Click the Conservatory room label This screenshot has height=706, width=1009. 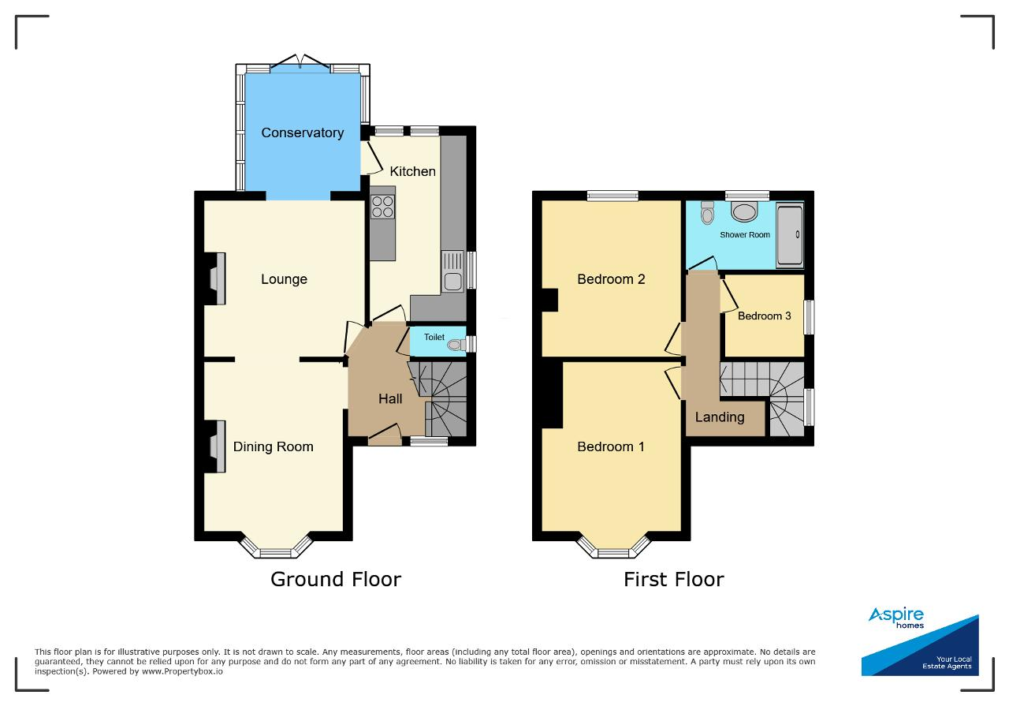302,133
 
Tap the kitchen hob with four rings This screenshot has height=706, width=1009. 383,207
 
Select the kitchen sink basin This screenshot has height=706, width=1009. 452,282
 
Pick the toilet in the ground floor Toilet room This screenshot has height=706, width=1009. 456,346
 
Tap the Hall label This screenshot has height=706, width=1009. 390,398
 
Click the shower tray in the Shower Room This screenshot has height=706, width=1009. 790,235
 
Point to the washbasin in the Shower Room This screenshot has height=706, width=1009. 744,212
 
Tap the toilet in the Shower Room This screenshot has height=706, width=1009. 708,213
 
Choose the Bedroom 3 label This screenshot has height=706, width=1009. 764,316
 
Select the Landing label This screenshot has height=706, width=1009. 720,417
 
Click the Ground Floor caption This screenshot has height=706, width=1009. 336,579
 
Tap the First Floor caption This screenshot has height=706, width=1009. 674,579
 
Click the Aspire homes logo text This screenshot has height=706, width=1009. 896,618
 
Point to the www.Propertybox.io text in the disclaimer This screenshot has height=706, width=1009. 182,671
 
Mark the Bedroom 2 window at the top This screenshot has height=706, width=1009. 612,195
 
